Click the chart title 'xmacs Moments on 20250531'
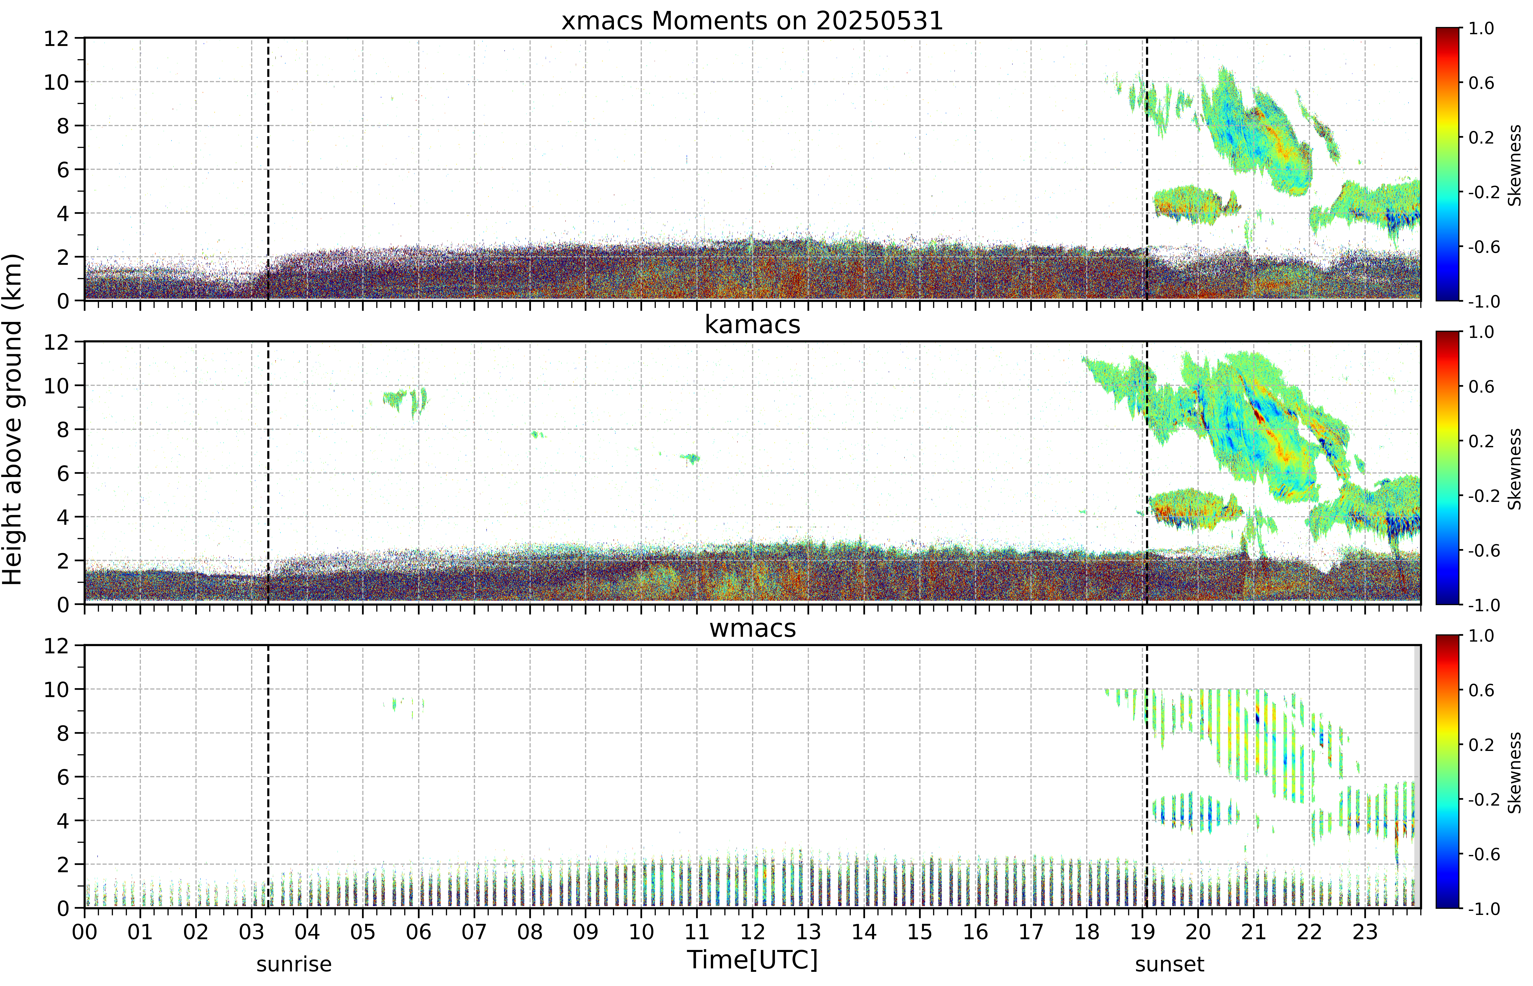point(752,21)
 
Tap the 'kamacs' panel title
point(752,325)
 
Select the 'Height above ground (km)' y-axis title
point(12,419)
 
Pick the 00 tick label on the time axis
point(84,932)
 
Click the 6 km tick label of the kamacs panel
point(63,473)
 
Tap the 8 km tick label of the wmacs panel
point(63,733)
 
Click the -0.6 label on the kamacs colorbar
point(1484,551)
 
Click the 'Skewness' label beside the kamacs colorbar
point(1514,469)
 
